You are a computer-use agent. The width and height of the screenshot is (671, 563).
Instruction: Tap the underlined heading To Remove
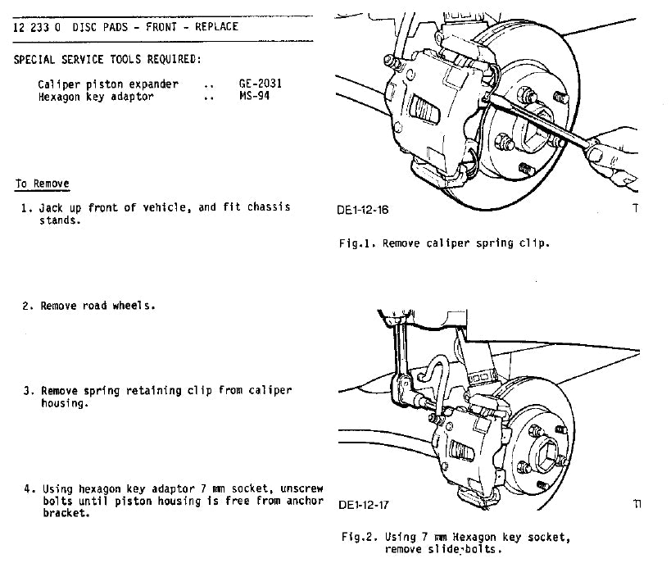[42, 184]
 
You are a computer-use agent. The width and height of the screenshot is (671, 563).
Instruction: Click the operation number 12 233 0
[39, 27]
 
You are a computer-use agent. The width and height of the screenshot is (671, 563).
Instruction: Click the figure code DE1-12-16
[362, 210]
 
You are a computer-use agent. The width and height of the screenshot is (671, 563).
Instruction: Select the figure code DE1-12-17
[364, 505]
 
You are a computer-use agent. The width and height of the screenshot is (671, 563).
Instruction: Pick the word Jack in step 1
[52, 208]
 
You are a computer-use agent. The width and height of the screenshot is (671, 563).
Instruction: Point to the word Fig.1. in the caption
[358, 243]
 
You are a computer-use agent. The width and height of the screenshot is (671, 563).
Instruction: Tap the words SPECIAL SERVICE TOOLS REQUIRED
[107, 60]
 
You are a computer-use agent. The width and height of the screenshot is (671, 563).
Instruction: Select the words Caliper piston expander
[107, 84]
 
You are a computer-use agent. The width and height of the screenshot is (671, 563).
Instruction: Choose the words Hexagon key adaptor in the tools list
[95, 97]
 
